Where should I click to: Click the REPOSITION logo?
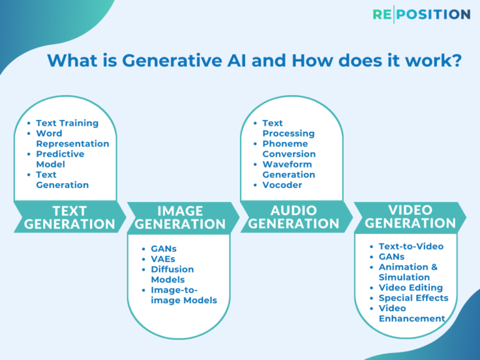tap(421, 14)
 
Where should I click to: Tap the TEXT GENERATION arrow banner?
tap(69, 217)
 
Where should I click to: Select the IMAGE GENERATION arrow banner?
tap(180, 217)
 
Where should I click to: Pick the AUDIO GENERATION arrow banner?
tap(294, 216)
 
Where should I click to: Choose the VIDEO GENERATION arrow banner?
tap(410, 216)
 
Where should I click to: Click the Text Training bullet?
tap(67, 123)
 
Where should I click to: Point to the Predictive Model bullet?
tap(60, 159)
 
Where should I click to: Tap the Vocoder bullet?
tap(282, 185)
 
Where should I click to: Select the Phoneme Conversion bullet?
tap(289, 149)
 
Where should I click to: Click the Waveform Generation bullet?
tap(288, 169)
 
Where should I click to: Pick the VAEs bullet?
tap(164, 259)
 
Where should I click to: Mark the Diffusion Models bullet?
tap(172, 274)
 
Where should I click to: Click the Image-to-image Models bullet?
tap(183, 295)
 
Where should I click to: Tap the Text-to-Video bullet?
tap(411, 246)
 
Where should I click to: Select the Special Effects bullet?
tap(413, 297)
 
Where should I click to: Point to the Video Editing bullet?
tap(411, 287)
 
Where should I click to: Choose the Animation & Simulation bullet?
tap(407, 272)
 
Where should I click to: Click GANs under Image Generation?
tap(163, 249)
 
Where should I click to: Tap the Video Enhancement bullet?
tap(411, 313)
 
